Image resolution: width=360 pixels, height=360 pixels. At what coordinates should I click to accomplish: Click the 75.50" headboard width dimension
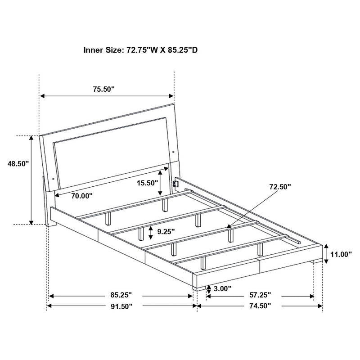point(104,89)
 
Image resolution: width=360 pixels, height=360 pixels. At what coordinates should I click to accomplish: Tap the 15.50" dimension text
point(147,183)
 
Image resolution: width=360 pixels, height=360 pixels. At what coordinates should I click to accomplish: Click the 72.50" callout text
point(280,186)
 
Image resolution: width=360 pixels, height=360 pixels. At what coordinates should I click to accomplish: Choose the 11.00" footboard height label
point(341,254)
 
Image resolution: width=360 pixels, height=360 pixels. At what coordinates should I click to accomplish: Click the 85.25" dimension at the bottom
point(120,296)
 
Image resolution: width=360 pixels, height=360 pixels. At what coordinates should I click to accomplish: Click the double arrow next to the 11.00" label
point(325,254)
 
